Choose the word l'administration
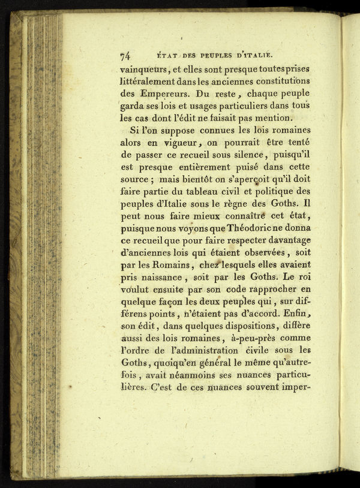206,350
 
